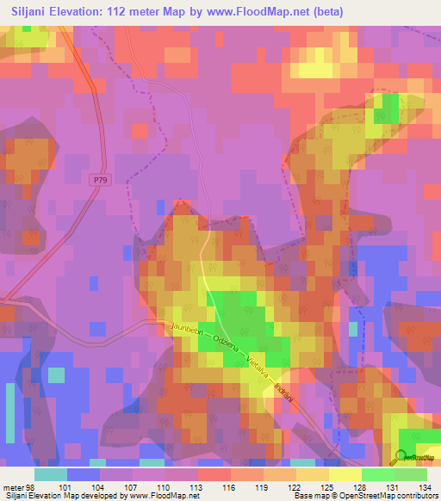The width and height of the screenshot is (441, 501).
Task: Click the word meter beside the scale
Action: pyautogui.click(x=14, y=486)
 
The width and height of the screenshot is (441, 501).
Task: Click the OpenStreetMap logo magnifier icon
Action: pyautogui.click(x=401, y=456)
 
